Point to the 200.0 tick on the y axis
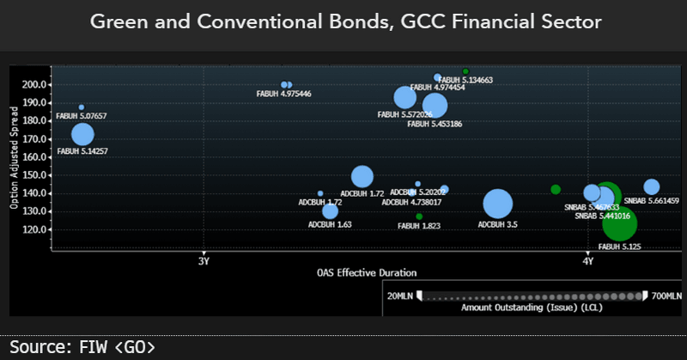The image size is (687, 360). [x=36, y=84]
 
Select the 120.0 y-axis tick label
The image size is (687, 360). [x=36, y=229]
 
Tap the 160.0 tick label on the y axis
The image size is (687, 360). [x=36, y=157]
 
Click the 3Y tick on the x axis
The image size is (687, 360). [x=203, y=260]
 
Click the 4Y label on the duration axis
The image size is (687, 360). [x=587, y=260]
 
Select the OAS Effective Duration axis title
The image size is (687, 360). [x=367, y=272]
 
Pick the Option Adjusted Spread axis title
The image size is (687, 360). [x=15, y=159]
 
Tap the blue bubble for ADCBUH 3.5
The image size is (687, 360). [x=497, y=204]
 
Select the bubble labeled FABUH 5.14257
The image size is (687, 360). [x=82, y=134]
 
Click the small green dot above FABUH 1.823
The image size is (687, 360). [x=419, y=217]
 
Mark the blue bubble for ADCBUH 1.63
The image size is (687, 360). [x=331, y=211]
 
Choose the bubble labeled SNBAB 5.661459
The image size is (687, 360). [x=651, y=187]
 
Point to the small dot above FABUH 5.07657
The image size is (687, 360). [x=82, y=107]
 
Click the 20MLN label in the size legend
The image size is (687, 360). [x=400, y=296]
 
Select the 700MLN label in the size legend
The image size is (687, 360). [x=666, y=296]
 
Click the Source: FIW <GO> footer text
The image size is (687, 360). [x=83, y=347]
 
